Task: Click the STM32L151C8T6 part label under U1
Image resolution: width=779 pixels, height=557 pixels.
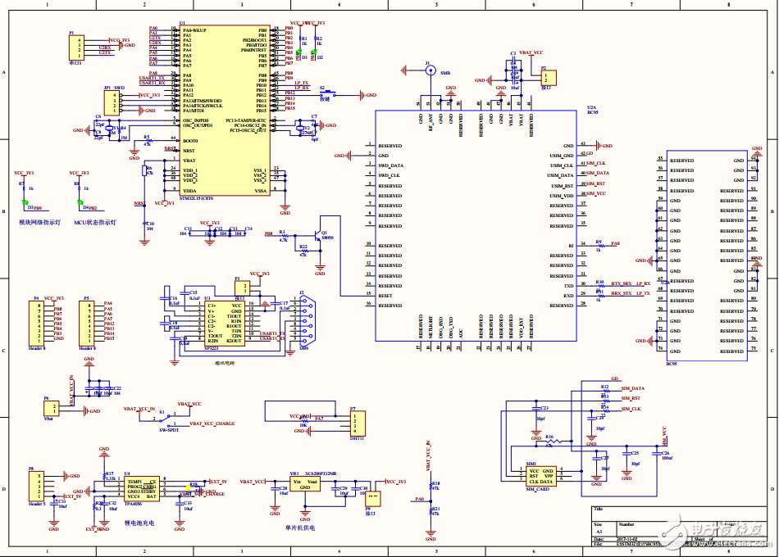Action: pyautogui.click(x=197, y=198)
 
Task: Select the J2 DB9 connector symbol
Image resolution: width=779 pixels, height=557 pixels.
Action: pyautogui.click(x=303, y=321)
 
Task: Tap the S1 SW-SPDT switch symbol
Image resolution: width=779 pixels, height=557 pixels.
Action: pyautogui.click(x=168, y=417)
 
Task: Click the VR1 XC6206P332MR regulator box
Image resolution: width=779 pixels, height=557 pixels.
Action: pyautogui.click(x=305, y=485)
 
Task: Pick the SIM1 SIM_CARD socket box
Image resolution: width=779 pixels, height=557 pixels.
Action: pyautogui.click(x=540, y=478)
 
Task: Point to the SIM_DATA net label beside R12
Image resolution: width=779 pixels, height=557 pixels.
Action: pyautogui.click(x=632, y=387)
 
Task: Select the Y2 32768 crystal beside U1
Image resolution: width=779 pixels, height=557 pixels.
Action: pyautogui.click(x=301, y=129)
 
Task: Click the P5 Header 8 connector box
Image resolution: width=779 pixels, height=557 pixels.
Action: pyautogui.click(x=86, y=320)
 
